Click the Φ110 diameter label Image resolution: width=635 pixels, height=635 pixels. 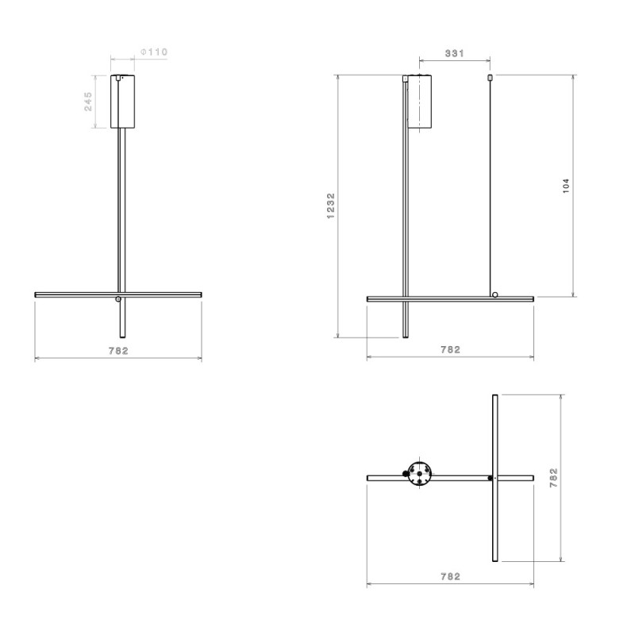coord(154,52)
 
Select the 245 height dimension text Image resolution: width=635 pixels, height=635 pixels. coord(88,101)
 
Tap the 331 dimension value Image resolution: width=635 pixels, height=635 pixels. coord(454,53)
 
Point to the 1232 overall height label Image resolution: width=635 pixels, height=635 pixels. coord(330,206)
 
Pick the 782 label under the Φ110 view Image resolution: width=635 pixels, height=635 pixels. coord(118,350)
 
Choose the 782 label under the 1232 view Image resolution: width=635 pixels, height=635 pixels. coord(450,349)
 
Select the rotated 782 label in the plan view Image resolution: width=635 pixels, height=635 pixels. coord(553,478)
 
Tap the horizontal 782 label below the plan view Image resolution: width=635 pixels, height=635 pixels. coord(450,577)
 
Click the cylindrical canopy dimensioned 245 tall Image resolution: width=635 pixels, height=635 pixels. coord(124,102)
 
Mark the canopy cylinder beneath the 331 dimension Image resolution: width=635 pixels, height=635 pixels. coord(420,102)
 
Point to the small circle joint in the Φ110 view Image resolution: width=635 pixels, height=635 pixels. coord(118,299)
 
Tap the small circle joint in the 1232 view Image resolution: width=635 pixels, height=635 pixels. coord(495,294)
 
